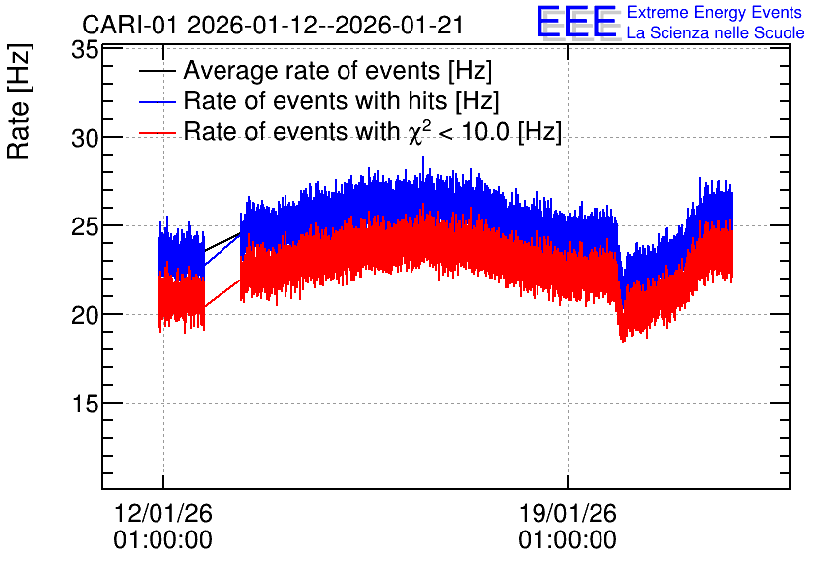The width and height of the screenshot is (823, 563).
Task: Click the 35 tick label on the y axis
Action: [85, 51]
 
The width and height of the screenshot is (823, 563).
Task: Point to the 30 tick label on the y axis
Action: [85, 139]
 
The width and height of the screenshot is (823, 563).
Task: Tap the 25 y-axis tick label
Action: [85, 227]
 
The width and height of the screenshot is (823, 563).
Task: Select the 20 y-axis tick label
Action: [85, 316]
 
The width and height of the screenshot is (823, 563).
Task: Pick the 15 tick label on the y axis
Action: [85, 404]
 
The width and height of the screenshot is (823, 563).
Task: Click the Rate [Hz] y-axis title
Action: [19, 101]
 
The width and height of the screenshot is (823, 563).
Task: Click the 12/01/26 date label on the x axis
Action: [163, 513]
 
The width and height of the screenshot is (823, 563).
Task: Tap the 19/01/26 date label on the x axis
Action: [568, 513]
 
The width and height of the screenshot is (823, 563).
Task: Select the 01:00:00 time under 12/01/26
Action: [163, 540]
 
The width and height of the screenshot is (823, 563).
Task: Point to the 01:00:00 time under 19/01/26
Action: [568, 540]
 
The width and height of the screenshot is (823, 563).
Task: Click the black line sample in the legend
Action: [158, 71]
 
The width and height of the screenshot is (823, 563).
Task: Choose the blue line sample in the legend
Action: [158, 101]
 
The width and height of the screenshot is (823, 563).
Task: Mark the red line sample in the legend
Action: [158, 133]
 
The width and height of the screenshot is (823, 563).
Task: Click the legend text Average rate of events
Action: [312, 70]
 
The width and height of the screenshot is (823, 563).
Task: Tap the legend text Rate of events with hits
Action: [315, 100]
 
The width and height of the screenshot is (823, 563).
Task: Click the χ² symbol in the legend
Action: [415, 132]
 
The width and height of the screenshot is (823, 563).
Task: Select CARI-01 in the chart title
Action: [131, 26]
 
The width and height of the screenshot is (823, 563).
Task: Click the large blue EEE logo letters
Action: [576, 22]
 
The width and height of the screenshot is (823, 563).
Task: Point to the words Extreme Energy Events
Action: [715, 12]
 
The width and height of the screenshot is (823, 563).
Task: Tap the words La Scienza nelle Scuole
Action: [716, 32]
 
